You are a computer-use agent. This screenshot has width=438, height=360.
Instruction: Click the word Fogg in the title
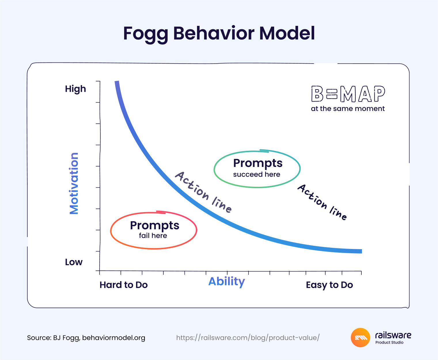[x=145, y=33]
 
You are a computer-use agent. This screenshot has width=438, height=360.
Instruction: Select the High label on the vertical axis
[x=75, y=89]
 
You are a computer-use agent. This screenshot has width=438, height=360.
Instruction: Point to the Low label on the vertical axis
[x=74, y=262]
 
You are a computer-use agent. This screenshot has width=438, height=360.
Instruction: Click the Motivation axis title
[x=74, y=183]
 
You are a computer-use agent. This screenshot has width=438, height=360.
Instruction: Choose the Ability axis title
[x=227, y=281]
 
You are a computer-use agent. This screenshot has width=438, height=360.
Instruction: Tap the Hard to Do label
[x=124, y=285]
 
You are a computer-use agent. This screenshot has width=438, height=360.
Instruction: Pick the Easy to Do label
[x=329, y=285]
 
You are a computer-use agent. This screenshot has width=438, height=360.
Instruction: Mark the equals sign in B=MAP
[x=332, y=94]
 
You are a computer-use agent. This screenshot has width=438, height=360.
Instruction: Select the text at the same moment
[x=348, y=109]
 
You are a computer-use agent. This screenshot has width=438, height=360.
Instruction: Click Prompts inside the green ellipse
[x=258, y=163]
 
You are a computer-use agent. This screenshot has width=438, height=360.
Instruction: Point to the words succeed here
[x=257, y=174]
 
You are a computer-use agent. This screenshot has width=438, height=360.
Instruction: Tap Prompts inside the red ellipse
[x=155, y=226]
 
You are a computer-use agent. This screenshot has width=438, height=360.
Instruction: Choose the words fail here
[x=153, y=236]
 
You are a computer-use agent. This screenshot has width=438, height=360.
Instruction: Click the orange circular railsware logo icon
[x=360, y=337]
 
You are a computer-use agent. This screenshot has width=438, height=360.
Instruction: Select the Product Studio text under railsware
[x=389, y=342]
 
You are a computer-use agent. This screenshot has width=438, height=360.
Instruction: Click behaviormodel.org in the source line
[x=114, y=338]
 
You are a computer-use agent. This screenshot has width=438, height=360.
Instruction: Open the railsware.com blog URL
[x=248, y=338]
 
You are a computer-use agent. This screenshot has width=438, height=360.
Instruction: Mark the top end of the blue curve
[x=117, y=83]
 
